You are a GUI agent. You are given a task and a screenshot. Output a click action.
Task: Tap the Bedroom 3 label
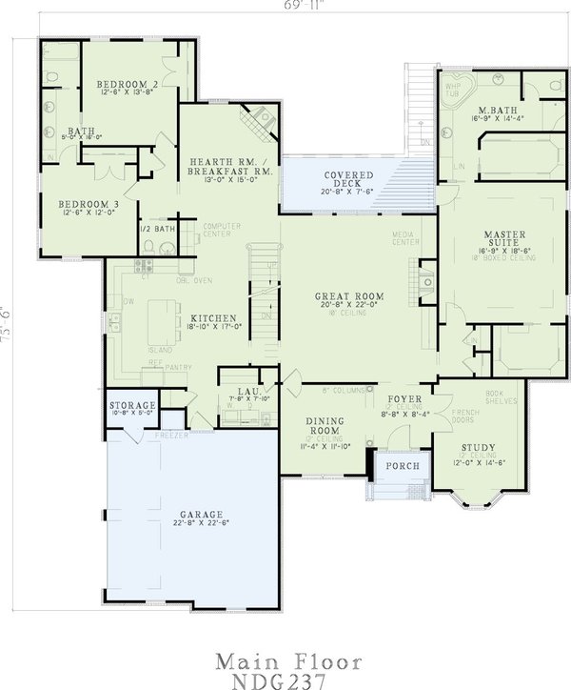click(88, 204)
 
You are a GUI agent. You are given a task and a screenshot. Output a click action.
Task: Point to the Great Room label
click(349, 296)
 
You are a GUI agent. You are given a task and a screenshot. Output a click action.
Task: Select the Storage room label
click(131, 406)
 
